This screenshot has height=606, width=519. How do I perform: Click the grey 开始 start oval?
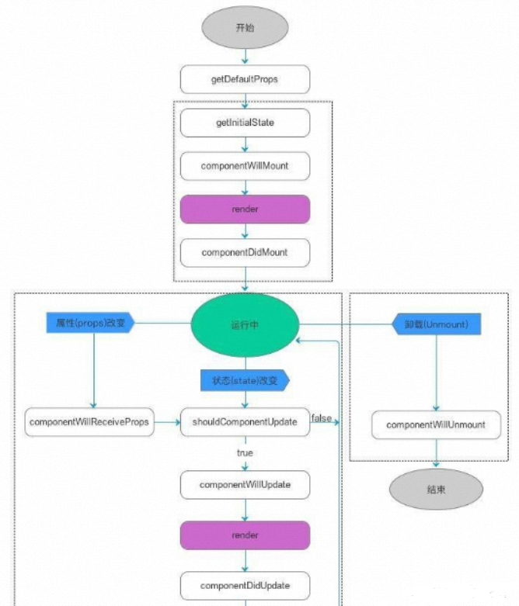(x=245, y=28)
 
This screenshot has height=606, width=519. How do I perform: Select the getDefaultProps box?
(x=245, y=79)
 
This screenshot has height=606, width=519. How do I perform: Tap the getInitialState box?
(x=245, y=123)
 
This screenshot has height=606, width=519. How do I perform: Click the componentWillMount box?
(x=245, y=166)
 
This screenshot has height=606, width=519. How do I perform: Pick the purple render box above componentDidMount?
(x=245, y=210)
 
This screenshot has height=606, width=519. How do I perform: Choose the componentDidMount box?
(x=245, y=253)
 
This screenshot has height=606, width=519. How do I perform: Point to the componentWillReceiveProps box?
(x=90, y=422)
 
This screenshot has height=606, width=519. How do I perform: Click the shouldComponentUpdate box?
(x=245, y=422)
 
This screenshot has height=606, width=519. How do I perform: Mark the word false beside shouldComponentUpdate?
(x=322, y=418)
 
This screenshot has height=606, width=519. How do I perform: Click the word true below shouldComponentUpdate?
(x=245, y=452)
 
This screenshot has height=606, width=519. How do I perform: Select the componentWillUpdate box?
(x=245, y=485)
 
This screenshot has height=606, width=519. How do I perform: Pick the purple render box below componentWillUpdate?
(x=245, y=535)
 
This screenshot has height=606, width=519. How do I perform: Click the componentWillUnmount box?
(x=435, y=425)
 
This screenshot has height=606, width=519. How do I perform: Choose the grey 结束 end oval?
(x=435, y=489)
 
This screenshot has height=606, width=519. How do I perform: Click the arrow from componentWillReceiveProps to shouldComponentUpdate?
(x=168, y=423)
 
